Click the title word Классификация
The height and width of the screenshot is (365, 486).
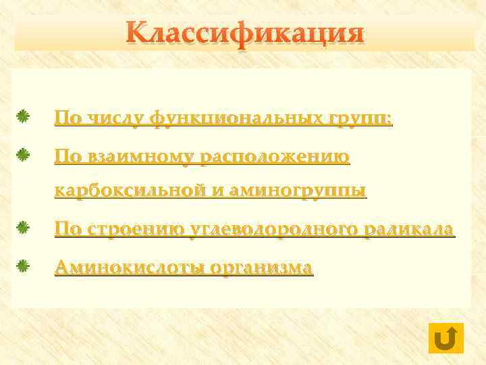(x=244, y=33)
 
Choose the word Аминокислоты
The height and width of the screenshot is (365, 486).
(x=130, y=267)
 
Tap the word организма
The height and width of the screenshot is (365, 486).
(x=262, y=267)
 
